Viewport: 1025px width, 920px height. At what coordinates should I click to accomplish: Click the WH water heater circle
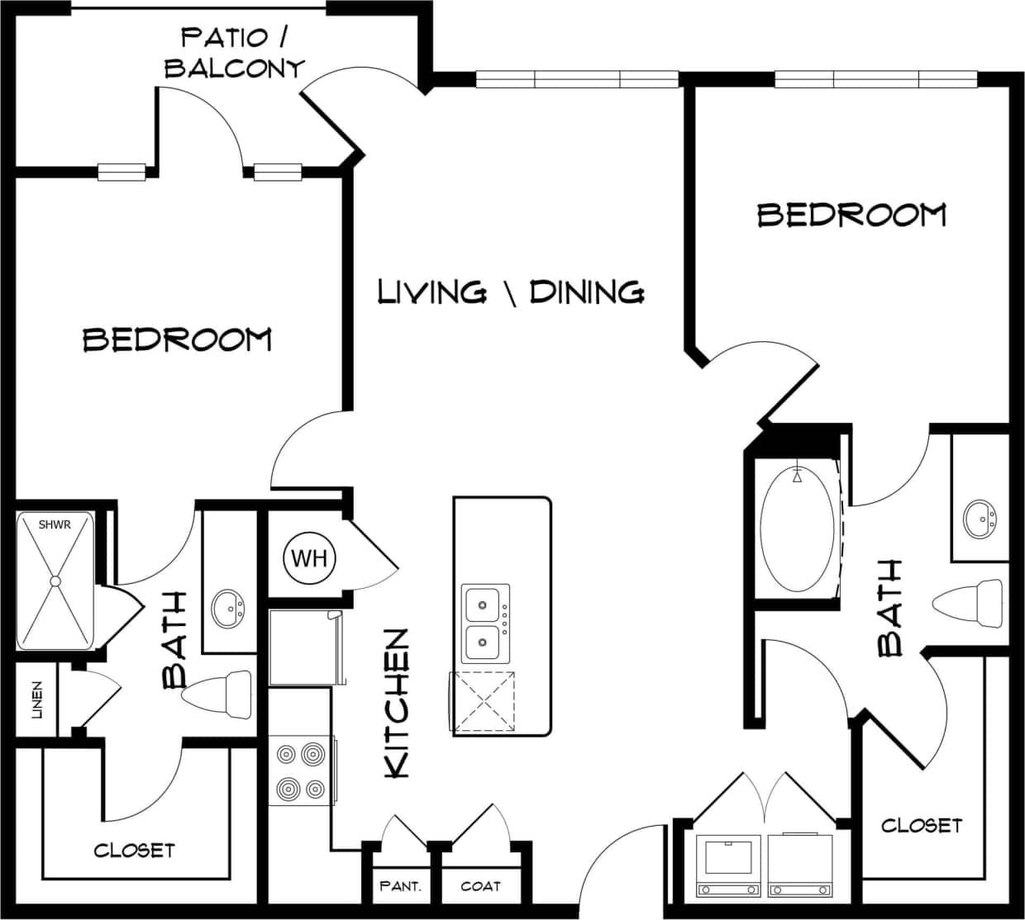tap(310, 559)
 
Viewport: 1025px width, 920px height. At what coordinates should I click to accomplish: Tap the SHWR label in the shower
tap(55, 524)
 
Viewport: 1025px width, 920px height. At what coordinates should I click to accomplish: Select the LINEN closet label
tap(37, 699)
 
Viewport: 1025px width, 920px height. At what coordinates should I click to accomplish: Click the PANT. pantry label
tap(401, 886)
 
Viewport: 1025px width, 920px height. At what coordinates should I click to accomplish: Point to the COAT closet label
tap(480, 886)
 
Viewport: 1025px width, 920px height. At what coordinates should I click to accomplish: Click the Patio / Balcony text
tap(234, 52)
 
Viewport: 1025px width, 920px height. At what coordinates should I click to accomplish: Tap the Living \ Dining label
tap(510, 292)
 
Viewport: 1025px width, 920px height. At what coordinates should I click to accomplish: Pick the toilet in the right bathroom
tap(969, 602)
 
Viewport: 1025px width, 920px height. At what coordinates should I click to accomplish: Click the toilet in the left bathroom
tap(217, 695)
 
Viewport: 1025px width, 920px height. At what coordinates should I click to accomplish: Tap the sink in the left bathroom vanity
tap(227, 609)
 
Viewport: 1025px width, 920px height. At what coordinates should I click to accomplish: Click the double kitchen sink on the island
tap(485, 624)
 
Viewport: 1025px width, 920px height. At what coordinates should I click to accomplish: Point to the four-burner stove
tap(300, 771)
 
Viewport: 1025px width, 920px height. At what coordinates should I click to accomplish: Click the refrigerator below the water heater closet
tap(302, 647)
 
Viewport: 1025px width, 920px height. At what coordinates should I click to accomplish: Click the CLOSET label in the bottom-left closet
tap(134, 850)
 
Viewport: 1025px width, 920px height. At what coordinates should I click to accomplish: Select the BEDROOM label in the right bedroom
tap(851, 215)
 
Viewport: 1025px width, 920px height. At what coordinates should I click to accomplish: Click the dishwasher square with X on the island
tap(482, 702)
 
